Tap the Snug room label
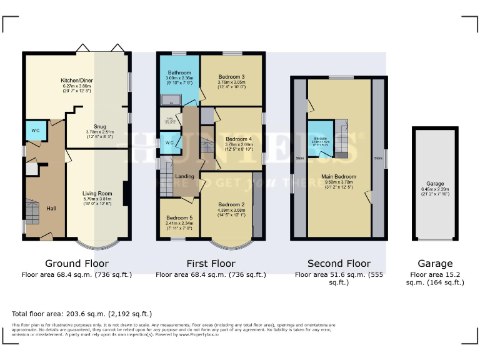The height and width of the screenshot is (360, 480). (99, 126)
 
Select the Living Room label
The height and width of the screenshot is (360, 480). (97, 194)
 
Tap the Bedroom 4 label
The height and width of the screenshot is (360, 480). (238, 139)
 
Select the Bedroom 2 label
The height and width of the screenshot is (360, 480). (231, 204)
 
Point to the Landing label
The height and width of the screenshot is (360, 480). (184, 176)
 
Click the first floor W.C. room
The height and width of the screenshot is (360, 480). (170, 143)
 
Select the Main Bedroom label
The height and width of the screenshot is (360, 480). (339, 176)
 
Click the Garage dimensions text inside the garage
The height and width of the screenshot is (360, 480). (435, 190)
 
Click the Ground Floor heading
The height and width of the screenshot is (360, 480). (77, 263)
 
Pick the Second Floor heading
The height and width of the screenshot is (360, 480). (339, 263)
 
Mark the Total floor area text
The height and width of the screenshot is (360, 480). (82, 314)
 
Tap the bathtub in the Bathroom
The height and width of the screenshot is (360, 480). (169, 100)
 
